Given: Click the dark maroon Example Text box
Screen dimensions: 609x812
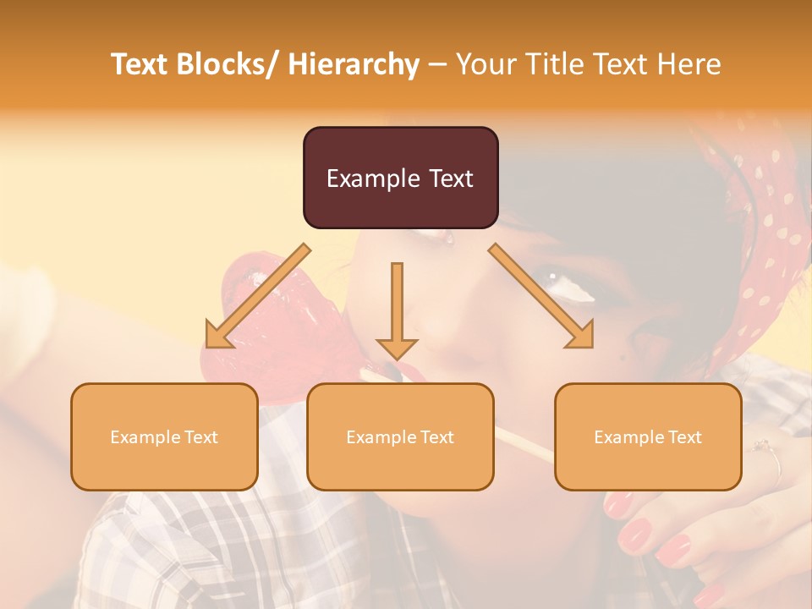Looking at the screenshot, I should [x=401, y=178].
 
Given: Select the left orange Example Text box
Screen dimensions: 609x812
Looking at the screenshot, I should [x=164, y=436].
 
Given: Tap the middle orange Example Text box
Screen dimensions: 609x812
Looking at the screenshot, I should [x=400, y=436].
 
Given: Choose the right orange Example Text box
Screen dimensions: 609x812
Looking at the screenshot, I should [x=648, y=436].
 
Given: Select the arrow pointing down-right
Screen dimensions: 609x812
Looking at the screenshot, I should [x=541, y=297].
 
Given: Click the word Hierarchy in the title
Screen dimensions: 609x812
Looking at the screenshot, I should [x=354, y=64].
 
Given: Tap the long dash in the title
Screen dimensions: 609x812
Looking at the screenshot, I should [x=437, y=64].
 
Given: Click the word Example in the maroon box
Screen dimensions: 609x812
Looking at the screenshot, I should [x=370, y=178].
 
